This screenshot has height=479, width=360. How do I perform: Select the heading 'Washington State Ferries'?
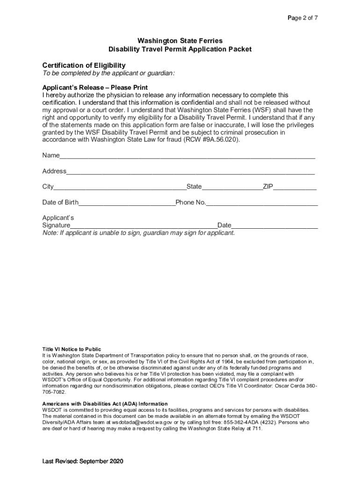[180, 41]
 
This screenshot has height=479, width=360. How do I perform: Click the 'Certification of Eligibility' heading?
[84, 65]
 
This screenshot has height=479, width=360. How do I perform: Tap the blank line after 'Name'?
[187, 156]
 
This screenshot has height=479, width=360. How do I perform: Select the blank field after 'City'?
[120, 187]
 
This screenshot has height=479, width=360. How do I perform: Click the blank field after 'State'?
[232, 187]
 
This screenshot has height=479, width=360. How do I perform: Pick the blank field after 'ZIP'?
[295, 187]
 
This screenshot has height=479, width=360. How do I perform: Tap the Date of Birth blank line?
[127, 203]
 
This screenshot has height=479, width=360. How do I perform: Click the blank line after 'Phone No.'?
[262, 203]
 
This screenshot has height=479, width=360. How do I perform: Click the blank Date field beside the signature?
[274, 226]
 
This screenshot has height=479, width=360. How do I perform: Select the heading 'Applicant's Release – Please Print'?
[95, 88]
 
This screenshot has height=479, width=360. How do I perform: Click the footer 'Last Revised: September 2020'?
[83, 462]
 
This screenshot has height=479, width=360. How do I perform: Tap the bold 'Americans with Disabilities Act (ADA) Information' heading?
[105, 404]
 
